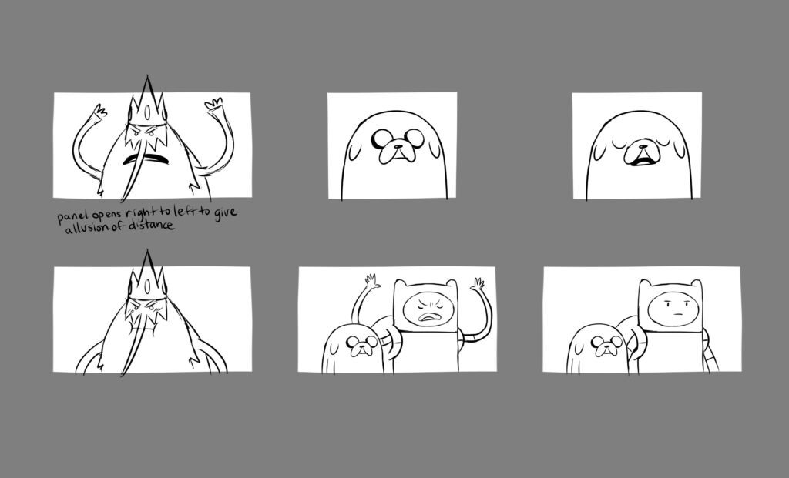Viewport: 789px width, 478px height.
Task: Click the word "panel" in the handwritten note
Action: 72,218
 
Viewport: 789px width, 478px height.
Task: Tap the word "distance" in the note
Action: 150,226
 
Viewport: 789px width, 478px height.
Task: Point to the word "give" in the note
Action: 225,213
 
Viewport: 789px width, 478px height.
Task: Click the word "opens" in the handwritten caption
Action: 106,216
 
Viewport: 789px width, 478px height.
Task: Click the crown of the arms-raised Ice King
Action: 147,102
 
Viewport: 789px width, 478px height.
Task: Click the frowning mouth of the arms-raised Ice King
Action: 146,159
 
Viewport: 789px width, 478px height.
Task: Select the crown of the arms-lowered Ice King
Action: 147,276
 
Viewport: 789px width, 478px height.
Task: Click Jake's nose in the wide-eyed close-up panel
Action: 398,146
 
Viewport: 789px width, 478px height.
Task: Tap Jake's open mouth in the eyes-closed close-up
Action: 642,162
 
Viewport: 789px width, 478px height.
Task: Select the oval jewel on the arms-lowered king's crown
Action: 146,286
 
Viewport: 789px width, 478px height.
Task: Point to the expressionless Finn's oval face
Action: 673,309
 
